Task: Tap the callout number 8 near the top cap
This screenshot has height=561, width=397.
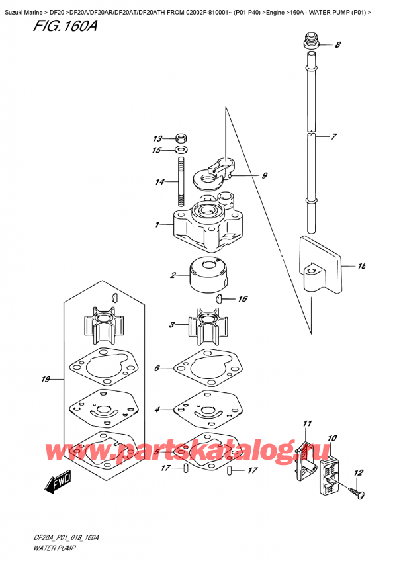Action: point(338,45)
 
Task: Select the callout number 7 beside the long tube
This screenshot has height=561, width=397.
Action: point(335,137)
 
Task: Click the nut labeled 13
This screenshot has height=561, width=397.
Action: point(181,138)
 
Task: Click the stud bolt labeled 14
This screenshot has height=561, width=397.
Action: point(181,184)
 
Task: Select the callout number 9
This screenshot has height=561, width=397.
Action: point(264,175)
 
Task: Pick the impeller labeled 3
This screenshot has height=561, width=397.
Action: point(202,326)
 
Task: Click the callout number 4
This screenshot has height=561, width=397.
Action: point(157,410)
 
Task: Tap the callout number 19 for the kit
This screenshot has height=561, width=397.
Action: point(46,380)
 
